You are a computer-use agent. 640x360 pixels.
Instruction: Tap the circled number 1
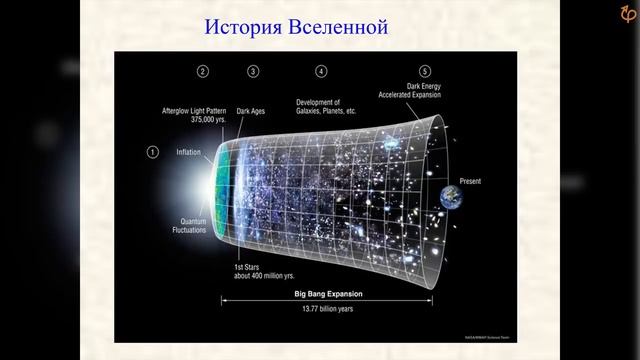pos(153,152)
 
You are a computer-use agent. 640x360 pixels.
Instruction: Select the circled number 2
pos(203,71)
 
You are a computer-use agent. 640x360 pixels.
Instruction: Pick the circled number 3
pos(253,71)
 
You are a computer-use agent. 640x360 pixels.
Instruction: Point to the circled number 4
pos(321,71)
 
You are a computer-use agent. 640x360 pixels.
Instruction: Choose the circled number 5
pos(425,71)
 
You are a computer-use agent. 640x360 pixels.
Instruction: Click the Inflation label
pos(190,152)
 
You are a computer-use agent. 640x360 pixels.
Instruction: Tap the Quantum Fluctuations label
pos(187,226)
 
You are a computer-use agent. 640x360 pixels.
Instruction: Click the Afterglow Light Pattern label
pos(199,108)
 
